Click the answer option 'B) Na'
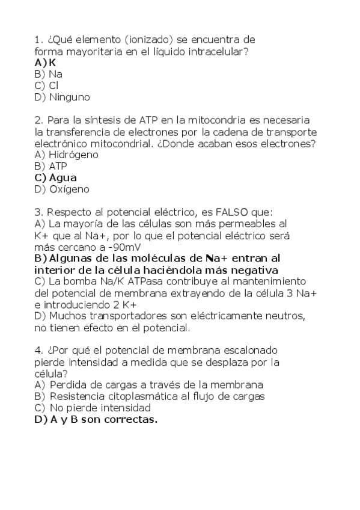49,74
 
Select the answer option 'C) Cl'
46,85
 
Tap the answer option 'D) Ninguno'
63,97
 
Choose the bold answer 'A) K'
45,63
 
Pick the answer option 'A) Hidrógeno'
67,155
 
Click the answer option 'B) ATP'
51,166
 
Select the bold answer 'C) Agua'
56,177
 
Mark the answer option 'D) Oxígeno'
62,189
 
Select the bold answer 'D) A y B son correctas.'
96,420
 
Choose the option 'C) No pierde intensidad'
84,408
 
